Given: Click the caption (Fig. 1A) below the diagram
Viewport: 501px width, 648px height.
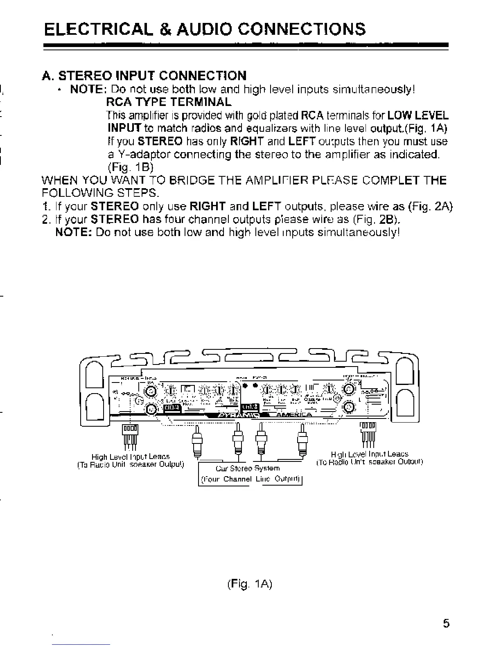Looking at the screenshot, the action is tap(249, 584).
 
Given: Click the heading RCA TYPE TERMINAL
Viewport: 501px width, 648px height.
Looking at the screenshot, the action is tap(168, 101).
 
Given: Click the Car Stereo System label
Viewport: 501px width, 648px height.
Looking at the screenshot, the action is tap(248, 468).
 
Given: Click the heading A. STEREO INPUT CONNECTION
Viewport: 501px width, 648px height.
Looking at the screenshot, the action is tap(144, 76).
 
